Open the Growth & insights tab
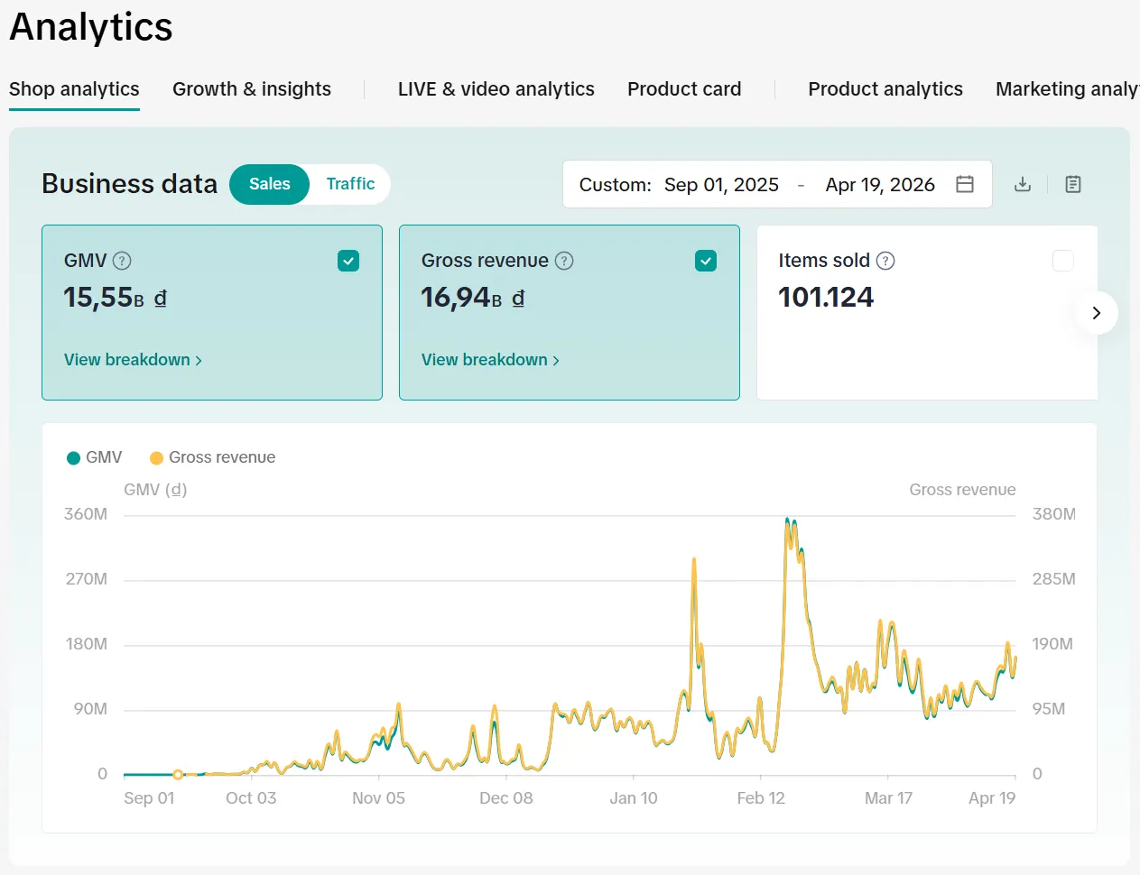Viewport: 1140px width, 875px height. (x=251, y=89)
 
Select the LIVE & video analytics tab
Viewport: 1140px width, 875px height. (x=496, y=89)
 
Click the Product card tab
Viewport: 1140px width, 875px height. (x=684, y=89)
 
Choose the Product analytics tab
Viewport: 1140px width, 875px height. (x=885, y=89)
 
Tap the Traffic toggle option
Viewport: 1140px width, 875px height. (x=350, y=184)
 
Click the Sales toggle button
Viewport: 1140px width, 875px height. (x=270, y=184)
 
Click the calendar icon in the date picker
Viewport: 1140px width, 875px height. (x=964, y=185)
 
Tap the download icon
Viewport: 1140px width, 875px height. (x=1023, y=185)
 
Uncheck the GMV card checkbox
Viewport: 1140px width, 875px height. (x=348, y=261)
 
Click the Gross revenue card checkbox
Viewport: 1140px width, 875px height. (x=706, y=261)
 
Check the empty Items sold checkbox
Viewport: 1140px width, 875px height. (x=1063, y=261)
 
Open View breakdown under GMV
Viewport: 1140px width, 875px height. (x=133, y=360)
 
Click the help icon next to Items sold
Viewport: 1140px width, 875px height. (x=885, y=261)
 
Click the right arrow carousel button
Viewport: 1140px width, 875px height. (x=1097, y=313)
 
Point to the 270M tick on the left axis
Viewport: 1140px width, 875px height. (x=86, y=579)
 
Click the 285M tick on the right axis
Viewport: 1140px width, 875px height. (x=1053, y=579)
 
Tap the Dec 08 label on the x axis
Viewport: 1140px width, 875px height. (x=505, y=798)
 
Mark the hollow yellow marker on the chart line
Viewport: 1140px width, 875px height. (x=178, y=774)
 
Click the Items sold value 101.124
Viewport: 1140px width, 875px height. (x=826, y=298)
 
